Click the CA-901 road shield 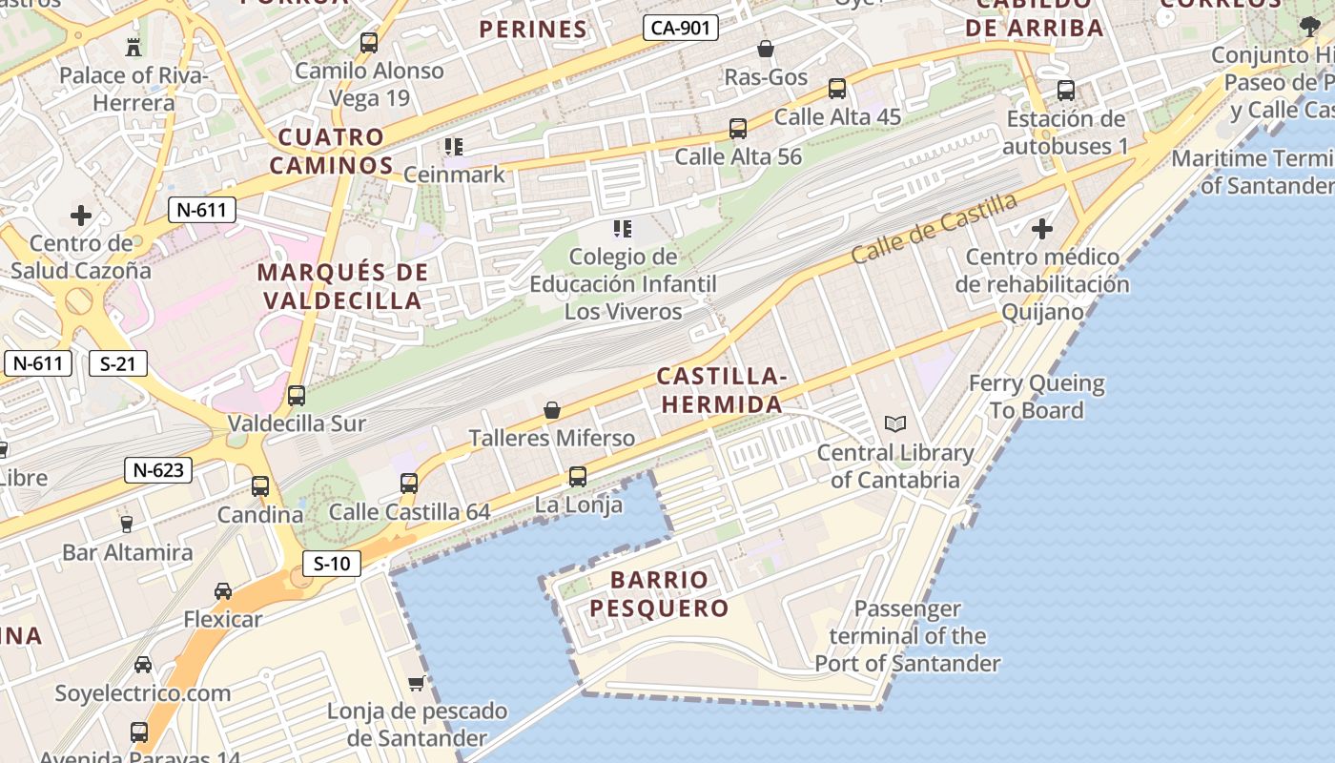(x=680, y=28)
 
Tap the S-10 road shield (x=332, y=564)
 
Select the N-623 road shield (x=158, y=469)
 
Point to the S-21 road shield (x=118, y=363)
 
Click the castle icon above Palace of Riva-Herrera (x=133, y=46)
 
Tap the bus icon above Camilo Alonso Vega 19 (x=369, y=43)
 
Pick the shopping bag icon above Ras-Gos (x=765, y=49)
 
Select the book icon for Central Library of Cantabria (x=894, y=424)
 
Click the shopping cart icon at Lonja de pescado (x=416, y=683)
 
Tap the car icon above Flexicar (x=222, y=591)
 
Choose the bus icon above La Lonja (x=577, y=476)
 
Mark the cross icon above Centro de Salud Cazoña (x=81, y=216)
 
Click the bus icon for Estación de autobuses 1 (x=1066, y=91)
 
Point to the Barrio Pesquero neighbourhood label (x=659, y=594)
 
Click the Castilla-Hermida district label (x=722, y=391)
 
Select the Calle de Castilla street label (x=934, y=229)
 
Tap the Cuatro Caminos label (x=331, y=152)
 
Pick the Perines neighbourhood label (x=533, y=30)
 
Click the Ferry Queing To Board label (x=1037, y=397)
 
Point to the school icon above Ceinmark (x=454, y=147)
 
